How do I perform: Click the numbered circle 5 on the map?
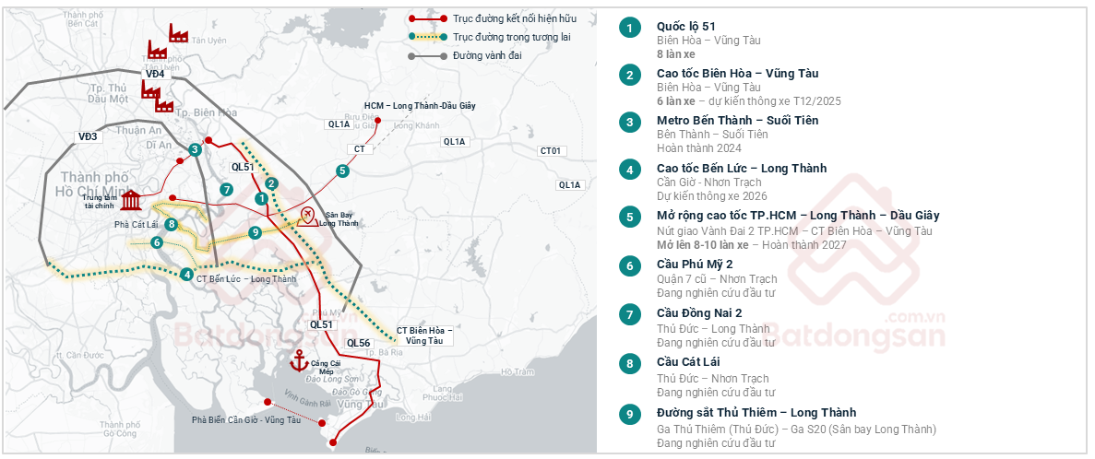342,171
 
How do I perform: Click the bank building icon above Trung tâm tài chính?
131,200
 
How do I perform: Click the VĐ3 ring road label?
88,136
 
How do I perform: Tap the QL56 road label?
358,342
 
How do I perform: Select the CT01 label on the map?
551,150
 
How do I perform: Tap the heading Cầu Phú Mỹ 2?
695,265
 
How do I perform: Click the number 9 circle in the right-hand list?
629,414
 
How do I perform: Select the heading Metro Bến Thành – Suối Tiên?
737,121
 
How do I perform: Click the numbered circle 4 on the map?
187,274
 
